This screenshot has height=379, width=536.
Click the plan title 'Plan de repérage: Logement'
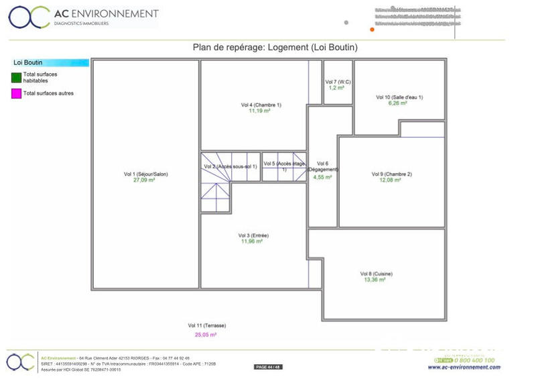tap(275, 48)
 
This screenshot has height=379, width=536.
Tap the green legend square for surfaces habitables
tap(16, 77)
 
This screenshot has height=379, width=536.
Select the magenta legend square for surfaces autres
tap(16, 93)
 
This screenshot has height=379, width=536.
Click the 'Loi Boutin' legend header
tap(28, 62)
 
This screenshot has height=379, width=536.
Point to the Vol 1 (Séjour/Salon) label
tap(145, 174)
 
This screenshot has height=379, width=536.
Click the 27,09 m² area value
tap(145, 180)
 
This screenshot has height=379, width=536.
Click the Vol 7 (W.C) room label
tap(337, 82)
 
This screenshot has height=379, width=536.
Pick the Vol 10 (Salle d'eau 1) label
tap(399, 97)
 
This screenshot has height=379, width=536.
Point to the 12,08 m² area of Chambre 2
tap(391, 180)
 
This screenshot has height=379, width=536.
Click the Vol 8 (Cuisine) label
tap(376, 274)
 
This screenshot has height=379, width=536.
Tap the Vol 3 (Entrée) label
tap(253, 235)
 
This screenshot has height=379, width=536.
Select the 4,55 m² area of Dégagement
tap(323, 177)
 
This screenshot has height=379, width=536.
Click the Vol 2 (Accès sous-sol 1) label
tap(230, 166)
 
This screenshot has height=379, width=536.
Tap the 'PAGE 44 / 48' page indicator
tap(268, 367)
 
